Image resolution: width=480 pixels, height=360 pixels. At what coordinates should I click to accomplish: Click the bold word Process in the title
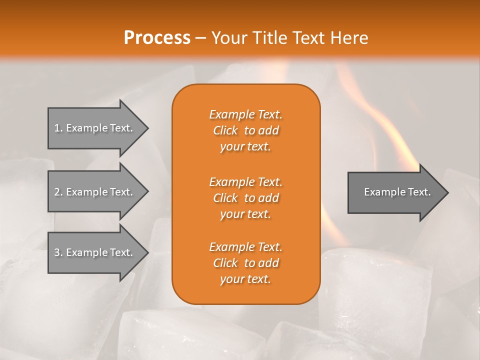coord(157,38)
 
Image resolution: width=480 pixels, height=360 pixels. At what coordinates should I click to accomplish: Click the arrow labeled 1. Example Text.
coord(95,128)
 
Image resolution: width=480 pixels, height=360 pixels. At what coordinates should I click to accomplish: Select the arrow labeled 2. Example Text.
coord(95,192)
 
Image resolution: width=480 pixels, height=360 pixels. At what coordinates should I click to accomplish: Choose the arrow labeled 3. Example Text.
coord(95,252)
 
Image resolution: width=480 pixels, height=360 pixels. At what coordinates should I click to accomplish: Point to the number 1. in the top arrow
coord(58,128)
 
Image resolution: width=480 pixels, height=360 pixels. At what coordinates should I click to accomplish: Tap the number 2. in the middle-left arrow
coord(58,192)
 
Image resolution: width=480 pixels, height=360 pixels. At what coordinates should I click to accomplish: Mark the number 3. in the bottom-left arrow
coord(58,252)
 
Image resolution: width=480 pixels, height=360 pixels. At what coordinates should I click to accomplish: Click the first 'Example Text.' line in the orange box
coord(245,114)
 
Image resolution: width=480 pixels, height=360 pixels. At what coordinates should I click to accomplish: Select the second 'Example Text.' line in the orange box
coord(245,181)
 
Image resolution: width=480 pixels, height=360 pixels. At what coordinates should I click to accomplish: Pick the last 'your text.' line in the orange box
coord(245,279)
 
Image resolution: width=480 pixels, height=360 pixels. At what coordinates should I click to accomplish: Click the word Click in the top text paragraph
coord(225,130)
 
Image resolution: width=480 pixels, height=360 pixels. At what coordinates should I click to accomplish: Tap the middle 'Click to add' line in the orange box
coord(245,198)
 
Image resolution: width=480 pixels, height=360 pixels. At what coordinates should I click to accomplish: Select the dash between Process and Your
coord(201,38)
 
